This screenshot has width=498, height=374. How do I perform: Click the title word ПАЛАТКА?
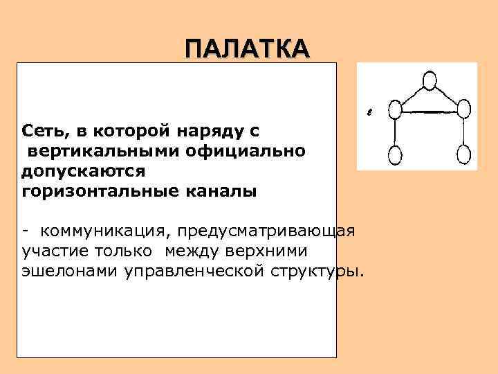coord(248,49)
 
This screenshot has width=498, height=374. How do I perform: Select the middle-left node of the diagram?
coord(395,109)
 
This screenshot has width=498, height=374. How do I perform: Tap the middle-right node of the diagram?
coord(463,109)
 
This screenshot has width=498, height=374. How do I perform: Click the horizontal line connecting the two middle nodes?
coord(429,112)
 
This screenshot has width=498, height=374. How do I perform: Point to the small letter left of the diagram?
coord(369,110)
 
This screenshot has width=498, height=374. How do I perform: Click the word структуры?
coord(315,270)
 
